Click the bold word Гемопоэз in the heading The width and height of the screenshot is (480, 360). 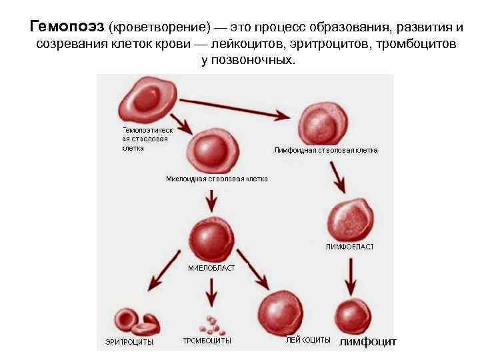point(67,27)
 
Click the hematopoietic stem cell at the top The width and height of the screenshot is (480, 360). point(146,99)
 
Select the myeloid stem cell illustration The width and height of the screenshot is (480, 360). point(209,151)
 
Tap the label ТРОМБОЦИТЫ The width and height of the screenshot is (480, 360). point(207,341)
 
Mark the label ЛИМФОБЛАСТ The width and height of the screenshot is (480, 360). point(350,247)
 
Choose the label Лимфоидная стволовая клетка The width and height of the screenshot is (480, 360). point(326,150)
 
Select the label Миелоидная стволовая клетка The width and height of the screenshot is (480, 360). point(217,179)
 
